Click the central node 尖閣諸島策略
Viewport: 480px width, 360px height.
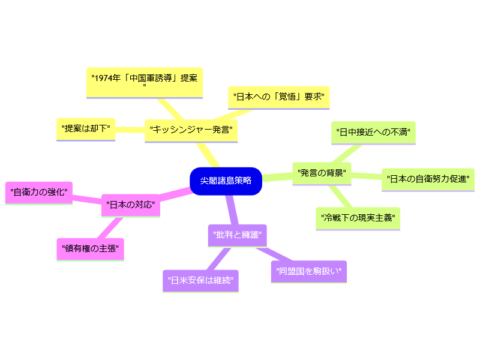[x=226, y=181]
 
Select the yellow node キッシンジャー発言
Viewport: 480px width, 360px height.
[x=191, y=130]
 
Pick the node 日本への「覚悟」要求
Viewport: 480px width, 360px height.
[x=278, y=97]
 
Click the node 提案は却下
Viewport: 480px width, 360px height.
[x=86, y=128]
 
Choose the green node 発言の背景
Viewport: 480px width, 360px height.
[x=322, y=173]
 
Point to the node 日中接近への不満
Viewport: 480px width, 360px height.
[x=373, y=132]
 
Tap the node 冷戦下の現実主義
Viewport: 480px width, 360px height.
[x=358, y=217]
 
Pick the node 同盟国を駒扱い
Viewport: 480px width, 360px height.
[x=309, y=271]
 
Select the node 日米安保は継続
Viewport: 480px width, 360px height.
[x=200, y=280]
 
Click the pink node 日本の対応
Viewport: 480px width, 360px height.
[x=130, y=205]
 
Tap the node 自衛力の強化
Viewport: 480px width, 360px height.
[x=39, y=192]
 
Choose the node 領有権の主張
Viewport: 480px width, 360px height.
[x=90, y=248]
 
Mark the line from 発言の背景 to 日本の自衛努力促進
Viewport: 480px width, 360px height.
[x=367, y=176]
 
